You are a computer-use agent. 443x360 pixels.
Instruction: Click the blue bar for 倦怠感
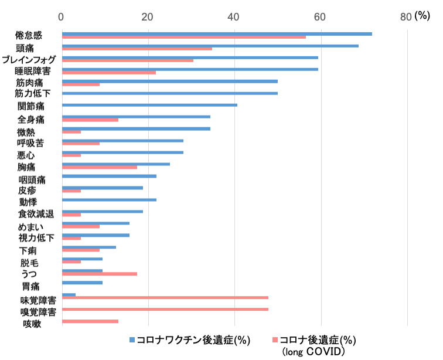pos(217,34)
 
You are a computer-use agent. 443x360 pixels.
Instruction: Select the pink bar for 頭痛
pos(137,49)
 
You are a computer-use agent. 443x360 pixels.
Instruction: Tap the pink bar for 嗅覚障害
pos(165,309)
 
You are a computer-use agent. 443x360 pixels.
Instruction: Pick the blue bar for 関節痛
pos(149,105)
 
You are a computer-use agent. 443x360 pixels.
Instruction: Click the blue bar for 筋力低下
pos(169,93)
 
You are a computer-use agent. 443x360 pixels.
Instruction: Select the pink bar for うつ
pos(99,274)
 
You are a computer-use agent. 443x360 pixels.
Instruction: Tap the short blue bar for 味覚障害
pos(69,294)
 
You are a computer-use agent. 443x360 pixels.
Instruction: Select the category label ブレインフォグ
pos(29,60)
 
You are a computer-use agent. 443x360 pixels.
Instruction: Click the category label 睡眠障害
pos(32,72)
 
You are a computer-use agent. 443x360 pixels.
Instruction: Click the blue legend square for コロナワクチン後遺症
pos(132,340)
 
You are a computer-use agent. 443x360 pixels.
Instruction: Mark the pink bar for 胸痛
pos(99,167)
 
